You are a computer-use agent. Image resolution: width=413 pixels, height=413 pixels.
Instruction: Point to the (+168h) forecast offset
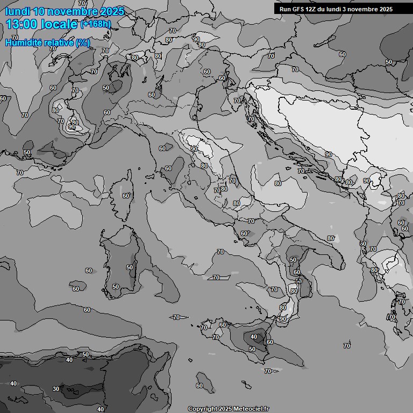pos(95,24)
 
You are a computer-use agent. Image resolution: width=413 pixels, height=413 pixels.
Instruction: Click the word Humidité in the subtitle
pos(22,42)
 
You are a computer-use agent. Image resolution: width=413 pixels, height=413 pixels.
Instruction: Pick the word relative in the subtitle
pos(57,42)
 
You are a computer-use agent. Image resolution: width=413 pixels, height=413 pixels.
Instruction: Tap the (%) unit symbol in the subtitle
pos(83,42)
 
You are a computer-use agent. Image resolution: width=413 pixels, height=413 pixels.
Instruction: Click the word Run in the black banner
pos(286,9)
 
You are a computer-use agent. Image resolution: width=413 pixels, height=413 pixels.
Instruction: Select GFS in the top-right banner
pos(299,9)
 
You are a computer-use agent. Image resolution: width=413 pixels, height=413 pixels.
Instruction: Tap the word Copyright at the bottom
pos(202,409)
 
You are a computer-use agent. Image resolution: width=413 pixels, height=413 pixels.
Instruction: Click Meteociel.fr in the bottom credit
pos(251,409)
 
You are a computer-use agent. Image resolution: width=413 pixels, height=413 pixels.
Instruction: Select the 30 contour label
pos(56,389)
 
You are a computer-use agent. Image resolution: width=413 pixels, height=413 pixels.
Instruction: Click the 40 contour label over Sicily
pos(254,337)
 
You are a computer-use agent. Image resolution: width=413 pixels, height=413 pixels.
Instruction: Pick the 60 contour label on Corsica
pos(126,196)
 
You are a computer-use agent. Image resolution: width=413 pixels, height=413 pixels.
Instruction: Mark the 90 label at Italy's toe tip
pos(283,319)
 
